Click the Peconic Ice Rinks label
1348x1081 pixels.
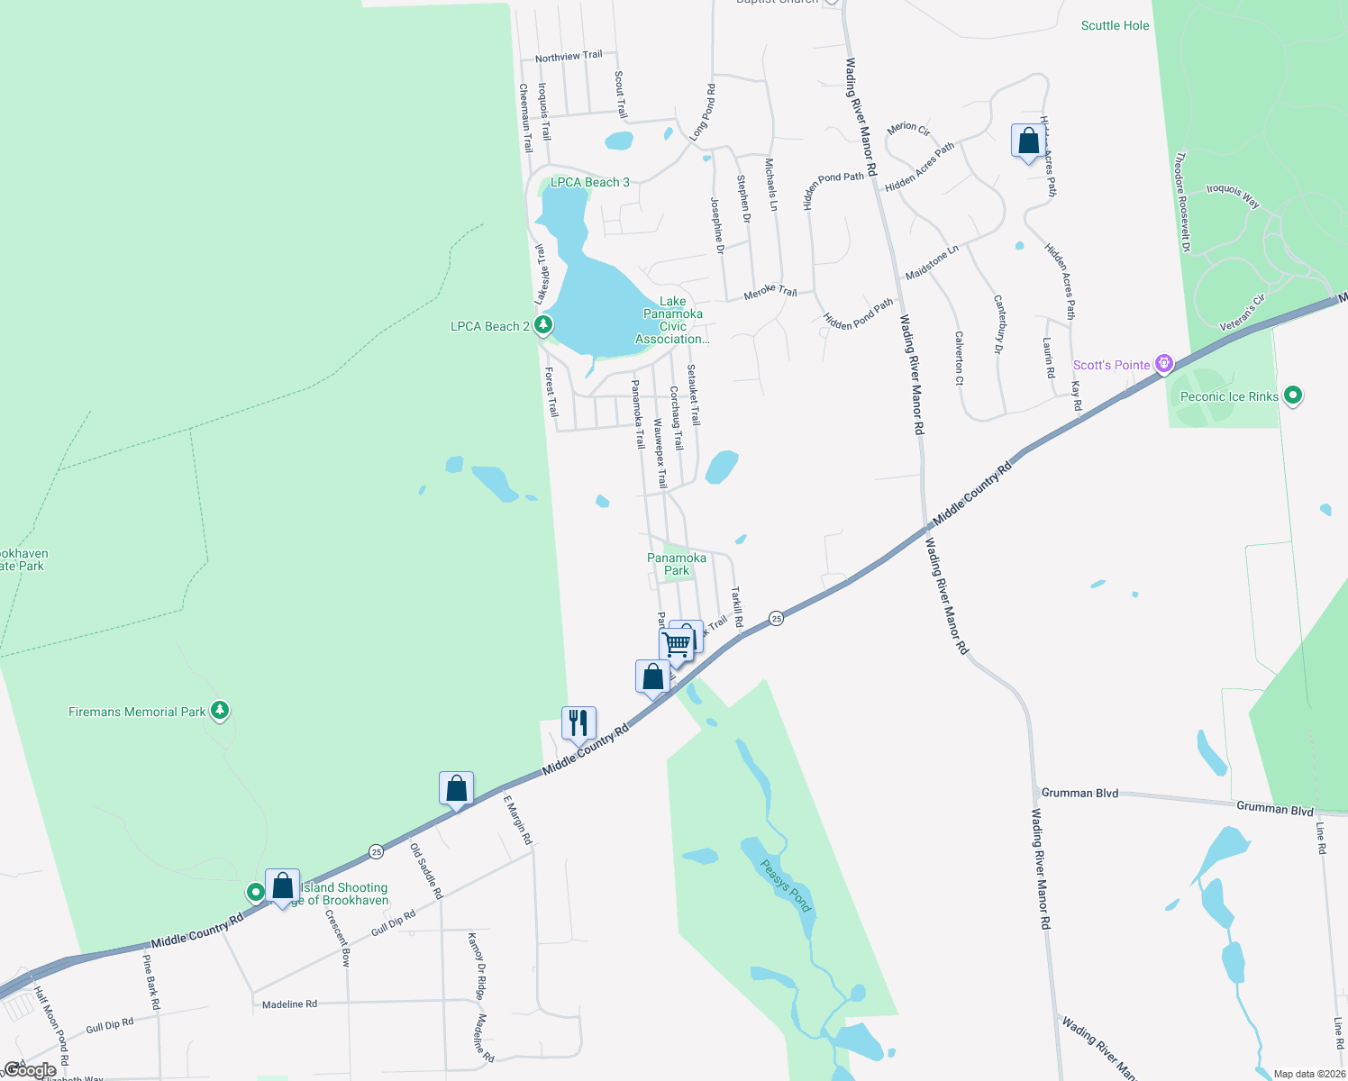1229,396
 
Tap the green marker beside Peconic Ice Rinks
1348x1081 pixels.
1293,395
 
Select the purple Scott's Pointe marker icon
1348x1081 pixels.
1164,364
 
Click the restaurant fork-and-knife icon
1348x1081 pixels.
578,722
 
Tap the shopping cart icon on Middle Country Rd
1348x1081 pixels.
676,644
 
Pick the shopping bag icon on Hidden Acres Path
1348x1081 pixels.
1028,141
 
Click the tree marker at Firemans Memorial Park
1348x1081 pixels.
220,711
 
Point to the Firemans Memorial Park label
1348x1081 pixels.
137,712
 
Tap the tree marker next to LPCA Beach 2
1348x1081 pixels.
542,324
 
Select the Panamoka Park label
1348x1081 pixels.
677,564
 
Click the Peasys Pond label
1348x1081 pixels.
787,885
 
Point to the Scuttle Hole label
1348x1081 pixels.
1115,25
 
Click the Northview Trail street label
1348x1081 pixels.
569,57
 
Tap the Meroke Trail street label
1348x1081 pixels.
770,293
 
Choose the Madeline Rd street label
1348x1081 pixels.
289,1004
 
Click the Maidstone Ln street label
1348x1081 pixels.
932,262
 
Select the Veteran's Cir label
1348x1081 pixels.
1242,311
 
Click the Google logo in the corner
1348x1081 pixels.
30,1070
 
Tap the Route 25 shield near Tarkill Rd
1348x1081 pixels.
776,618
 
